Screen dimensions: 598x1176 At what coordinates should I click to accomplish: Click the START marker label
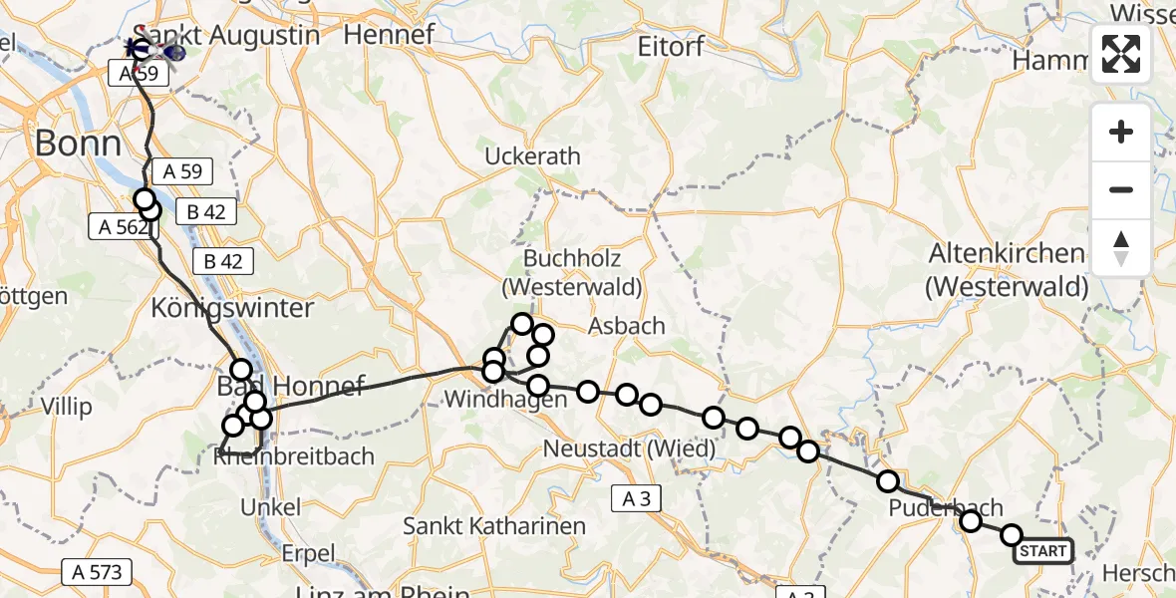[x=1042, y=551]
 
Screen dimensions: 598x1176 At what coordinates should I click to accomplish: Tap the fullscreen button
[x=1121, y=54]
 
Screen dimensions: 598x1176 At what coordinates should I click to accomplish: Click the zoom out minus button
[x=1121, y=189]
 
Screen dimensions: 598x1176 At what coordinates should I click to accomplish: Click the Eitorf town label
[x=672, y=46]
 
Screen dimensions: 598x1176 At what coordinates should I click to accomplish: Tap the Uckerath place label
[x=532, y=156]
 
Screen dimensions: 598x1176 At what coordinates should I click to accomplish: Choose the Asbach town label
[x=626, y=326]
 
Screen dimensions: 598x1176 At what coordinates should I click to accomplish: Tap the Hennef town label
[x=389, y=34]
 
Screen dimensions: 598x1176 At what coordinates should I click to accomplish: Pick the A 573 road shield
[x=97, y=572]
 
